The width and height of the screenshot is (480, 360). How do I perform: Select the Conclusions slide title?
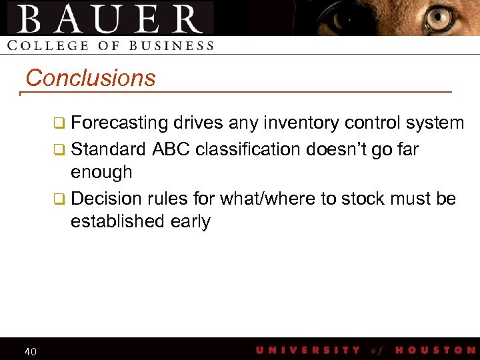[x=90, y=78]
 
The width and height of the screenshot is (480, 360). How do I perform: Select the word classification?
[x=250, y=149]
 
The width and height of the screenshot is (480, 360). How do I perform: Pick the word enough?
[x=101, y=172]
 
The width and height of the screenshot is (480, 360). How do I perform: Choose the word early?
[x=191, y=222]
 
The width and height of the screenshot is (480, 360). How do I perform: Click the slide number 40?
[x=30, y=351]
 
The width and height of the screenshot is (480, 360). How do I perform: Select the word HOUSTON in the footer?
[x=435, y=350]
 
